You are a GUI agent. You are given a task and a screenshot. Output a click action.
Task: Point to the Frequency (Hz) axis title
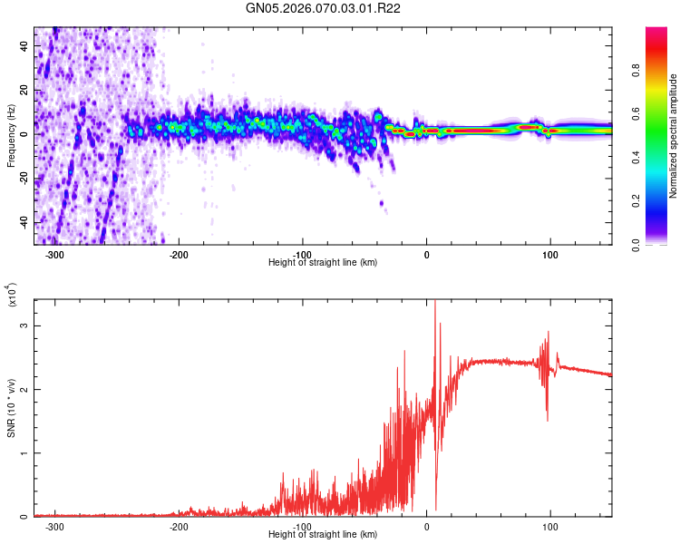click(11, 136)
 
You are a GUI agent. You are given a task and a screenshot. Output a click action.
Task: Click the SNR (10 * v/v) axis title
click(11, 408)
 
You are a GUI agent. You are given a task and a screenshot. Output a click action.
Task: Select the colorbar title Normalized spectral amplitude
click(674, 136)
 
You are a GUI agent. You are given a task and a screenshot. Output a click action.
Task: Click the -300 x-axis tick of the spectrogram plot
click(54, 255)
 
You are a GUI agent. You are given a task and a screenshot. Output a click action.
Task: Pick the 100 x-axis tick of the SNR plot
click(549, 527)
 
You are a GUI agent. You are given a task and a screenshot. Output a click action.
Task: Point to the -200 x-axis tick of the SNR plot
click(179, 527)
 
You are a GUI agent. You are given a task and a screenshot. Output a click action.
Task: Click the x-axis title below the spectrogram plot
click(323, 263)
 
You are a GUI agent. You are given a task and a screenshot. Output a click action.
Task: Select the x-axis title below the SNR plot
click(323, 535)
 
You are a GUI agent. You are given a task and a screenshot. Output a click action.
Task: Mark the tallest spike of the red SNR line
click(435, 302)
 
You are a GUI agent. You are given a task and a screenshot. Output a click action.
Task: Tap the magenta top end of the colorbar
click(657, 31)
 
